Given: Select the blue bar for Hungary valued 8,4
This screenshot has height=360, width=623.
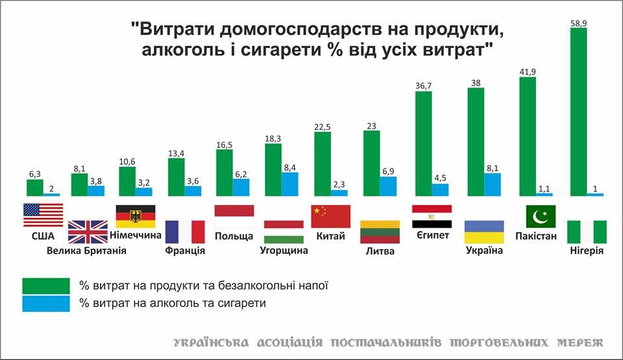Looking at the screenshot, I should pyautogui.click(x=290, y=184).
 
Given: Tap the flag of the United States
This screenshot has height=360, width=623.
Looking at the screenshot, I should pyautogui.click(x=43, y=215).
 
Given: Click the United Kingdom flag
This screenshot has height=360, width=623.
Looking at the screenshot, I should pyautogui.click(x=88, y=232).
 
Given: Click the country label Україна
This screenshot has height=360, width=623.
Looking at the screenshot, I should pyautogui.click(x=485, y=250).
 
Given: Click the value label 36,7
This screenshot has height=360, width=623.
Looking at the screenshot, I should pyautogui.click(x=423, y=86).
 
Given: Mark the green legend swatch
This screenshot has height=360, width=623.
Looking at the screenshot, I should pyautogui.click(x=46, y=285).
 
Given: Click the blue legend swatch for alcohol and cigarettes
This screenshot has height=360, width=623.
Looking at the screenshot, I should pyautogui.click(x=46, y=303).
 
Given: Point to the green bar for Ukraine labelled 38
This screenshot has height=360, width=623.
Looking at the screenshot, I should pyautogui.click(x=476, y=141).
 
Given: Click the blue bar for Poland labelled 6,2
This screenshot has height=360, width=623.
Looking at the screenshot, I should pyautogui.click(x=241, y=187).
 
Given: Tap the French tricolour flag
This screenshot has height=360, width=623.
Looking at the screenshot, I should pyautogui.click(x=185, y=232).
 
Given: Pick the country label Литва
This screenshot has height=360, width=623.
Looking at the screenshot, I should pyautogui.click(x=379, y=250).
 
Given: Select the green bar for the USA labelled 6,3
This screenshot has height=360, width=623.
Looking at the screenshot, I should pyautogui.click(x=34, y=187).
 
